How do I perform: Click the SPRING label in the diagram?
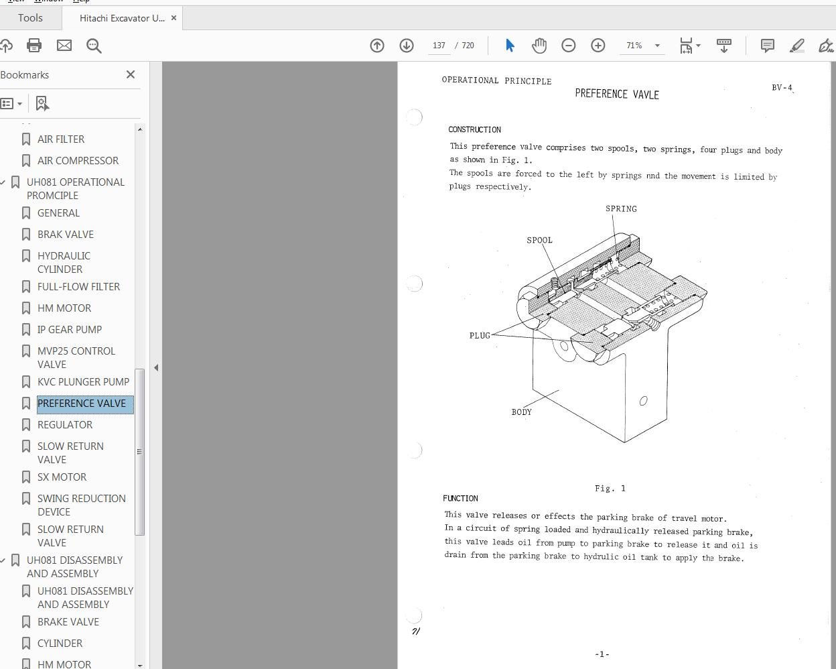tap(621, 209)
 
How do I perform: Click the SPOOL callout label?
tap(539, 240)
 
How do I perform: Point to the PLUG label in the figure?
tap(480, 335)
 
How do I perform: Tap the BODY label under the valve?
tap(521, 412)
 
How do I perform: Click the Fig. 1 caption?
tap(610, 488)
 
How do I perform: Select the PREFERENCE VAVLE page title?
tap(616, 95)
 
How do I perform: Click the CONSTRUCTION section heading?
tap(474, 129)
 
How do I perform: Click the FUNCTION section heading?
tap(460, 498)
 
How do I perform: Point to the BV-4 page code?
tap(782, 88)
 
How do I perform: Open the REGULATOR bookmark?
tap(65, 425)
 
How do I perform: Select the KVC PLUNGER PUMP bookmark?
tap(83, 382)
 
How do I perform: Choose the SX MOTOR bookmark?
tap(62, 477)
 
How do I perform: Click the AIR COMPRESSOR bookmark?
tap(78, 161)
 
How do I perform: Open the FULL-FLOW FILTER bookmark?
tap(78, 287)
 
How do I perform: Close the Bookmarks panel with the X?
tap(131, 74)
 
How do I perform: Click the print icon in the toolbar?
tap(34, 46)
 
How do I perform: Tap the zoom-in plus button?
tap(598, 46)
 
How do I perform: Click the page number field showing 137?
tap(439, 46)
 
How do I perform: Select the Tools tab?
tap(30, 18)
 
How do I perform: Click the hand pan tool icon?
tap(539, 46)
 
